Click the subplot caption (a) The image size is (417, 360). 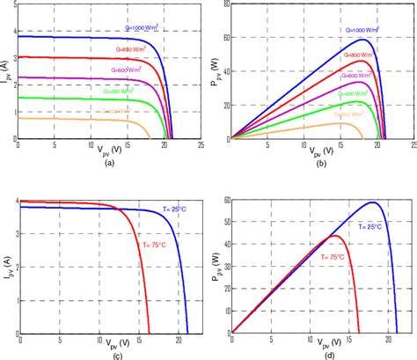point(109,164)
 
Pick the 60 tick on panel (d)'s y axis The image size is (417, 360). point(226,201)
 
